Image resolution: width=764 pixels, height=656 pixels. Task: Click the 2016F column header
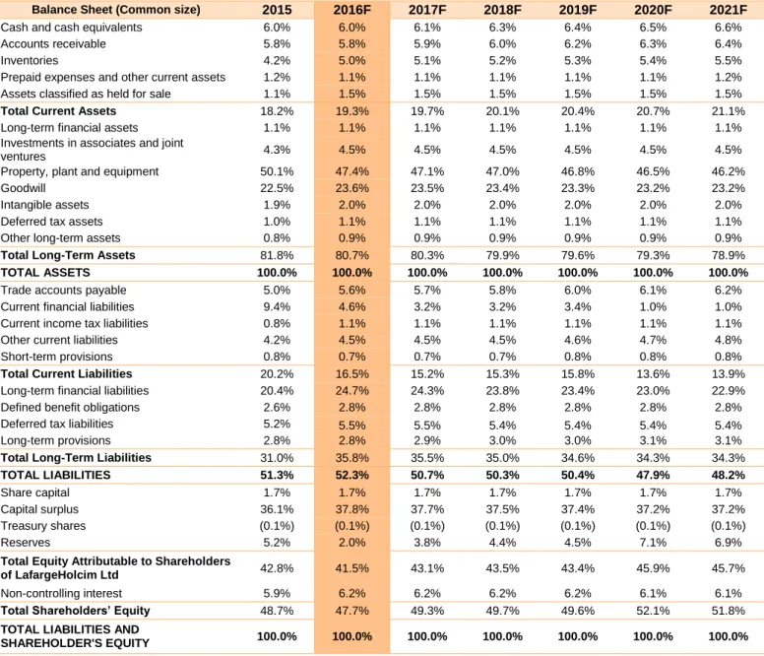click(351, 10)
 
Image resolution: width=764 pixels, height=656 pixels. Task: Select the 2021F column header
click(728, 10)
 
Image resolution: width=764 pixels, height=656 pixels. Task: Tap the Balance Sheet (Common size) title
click(116, 10)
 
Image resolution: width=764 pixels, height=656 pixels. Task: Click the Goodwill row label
click(23, 188)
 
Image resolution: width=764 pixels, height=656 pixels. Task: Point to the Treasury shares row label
click(43, 526)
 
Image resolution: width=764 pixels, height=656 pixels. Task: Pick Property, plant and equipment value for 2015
click(277, 171)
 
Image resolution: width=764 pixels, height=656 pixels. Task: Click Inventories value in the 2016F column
click(351, 60)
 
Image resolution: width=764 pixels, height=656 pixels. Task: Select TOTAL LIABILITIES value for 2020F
click(653, 475)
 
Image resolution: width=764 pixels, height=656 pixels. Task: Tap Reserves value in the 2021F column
click(728, 543)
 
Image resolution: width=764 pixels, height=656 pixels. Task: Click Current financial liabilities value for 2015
click(277, 307)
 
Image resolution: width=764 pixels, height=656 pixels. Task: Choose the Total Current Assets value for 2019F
click(577, 111)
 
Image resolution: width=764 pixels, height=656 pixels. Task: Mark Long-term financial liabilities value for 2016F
click(351, 391)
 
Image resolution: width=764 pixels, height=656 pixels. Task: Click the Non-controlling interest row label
click(61, 593)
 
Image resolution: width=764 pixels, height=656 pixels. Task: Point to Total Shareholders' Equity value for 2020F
click(653, 611)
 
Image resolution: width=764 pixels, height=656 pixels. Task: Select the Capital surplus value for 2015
click(277, 509)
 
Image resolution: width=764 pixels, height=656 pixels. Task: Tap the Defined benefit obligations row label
click(70, 408)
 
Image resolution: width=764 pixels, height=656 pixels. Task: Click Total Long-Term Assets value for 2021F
click(728, 255)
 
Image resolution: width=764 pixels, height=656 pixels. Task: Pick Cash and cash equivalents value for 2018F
click(502, 28)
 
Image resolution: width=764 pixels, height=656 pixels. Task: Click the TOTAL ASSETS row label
click(45, 273)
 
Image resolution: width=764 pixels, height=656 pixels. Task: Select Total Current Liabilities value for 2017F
click(427, 374)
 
